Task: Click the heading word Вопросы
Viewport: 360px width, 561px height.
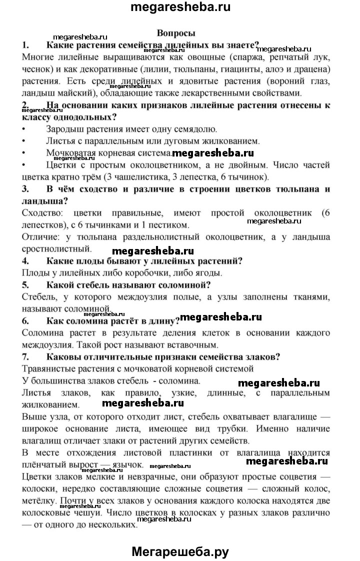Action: tap(176, 33)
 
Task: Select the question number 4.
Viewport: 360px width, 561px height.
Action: tap(25, 260)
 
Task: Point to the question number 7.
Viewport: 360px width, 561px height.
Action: tap(25, 356)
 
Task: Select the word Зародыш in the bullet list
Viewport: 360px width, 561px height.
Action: tap(64, 129)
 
